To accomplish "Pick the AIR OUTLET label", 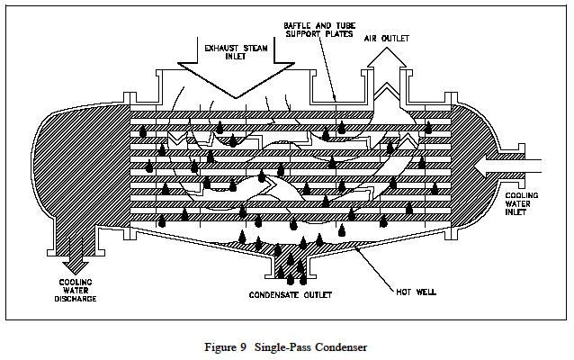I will click(388, 39).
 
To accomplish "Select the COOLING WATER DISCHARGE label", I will click(71, 291).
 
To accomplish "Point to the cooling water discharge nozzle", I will click(71, 238).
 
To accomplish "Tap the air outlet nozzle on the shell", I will click(387, 99).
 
